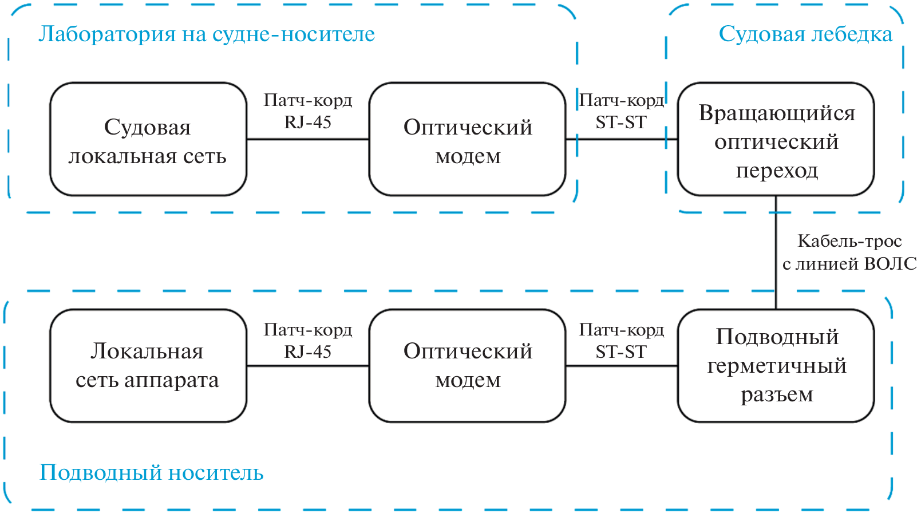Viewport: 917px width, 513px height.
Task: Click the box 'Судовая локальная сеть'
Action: (x=148, y=139)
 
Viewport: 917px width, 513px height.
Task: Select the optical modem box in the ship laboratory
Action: (x=467, y=139)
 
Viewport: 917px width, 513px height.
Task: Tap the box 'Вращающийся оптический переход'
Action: (x=776, y=139)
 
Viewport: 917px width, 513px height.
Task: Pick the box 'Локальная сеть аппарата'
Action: (x=148, y=366)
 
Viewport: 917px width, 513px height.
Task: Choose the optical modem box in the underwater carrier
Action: (x=467, y=366)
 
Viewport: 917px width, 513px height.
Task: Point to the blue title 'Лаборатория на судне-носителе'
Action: (x=206, y=34)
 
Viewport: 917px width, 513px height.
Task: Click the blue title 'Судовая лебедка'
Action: (x=805, y=34)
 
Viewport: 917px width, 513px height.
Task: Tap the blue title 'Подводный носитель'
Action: (x=151, y=473)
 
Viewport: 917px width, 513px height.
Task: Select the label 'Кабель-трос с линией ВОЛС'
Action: (x=849, y=252)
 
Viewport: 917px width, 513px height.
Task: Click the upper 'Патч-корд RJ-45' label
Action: (x=308, y=111)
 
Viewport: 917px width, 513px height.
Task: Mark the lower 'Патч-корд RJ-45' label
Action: (x=308, y=341)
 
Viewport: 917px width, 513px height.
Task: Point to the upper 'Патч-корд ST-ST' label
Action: (x=622, y=111)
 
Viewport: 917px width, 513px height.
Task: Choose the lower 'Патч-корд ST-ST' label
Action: (x=622, y=341)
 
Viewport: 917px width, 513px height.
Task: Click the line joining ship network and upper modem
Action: (x=308, y=139)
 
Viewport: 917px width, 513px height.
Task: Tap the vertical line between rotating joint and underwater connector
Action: (x=776, y=252)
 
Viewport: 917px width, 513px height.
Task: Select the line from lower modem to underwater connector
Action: (x=622, y=366)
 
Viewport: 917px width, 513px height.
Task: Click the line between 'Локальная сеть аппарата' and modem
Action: (x=308, y=366)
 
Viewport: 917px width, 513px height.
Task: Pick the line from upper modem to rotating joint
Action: (x=622, y=139)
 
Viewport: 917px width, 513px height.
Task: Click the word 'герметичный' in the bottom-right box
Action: (x=777, y=366)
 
